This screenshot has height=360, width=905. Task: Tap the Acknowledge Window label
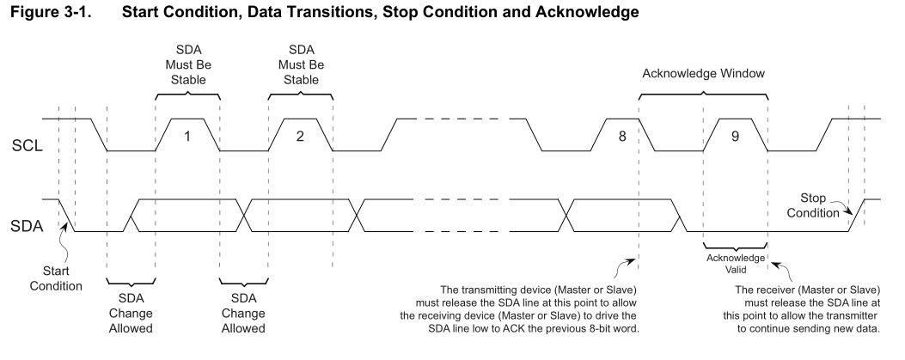703,74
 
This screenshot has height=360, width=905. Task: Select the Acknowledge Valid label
735,262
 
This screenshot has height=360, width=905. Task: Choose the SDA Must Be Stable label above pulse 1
187,64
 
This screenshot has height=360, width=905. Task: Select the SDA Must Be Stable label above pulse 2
300,64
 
